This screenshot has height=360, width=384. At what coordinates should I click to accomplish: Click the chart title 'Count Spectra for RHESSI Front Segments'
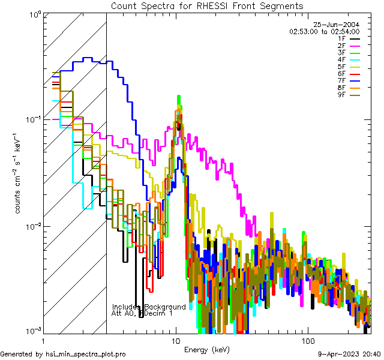pyautogui.click(x=207, y=5)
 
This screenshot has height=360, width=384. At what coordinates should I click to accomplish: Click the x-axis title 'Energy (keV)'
pyautogui.click(x=207, y=349)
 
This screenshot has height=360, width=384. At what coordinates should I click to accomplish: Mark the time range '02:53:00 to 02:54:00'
pyautogui.click(x=324, y=31)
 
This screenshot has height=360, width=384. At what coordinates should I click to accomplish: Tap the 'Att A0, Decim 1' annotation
pyautogui.click(x=142, y=313)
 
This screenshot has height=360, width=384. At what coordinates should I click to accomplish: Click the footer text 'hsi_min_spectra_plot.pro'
pyautogui.click(x=86, y=355)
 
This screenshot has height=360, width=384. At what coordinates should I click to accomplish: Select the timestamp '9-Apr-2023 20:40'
pyautogui.click(x=349, y=355)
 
